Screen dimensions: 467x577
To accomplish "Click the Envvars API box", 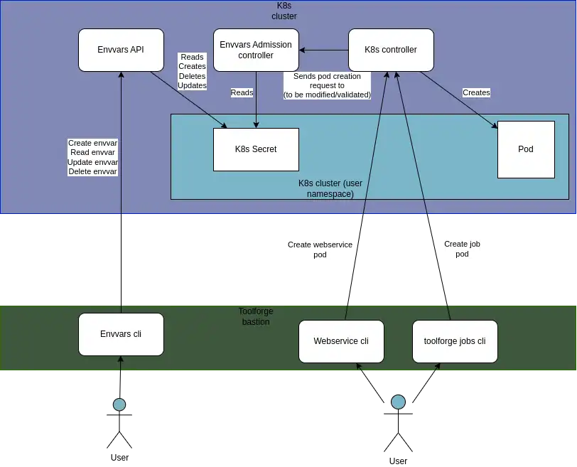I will pos(121,50).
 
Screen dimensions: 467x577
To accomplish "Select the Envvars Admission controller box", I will pos(256,50).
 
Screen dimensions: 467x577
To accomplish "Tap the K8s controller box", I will pos(390,50).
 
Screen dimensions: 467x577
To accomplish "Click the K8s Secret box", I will pos(256,149).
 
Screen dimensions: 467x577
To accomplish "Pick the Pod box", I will pos(526,149).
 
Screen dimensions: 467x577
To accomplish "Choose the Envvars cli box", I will pos(121,334).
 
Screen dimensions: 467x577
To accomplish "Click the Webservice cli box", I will pos(341,341).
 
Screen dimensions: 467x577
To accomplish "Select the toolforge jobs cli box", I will pos(455,341).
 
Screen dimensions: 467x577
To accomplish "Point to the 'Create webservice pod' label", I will pos(319,249).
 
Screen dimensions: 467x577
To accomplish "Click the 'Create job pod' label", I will pos(463,249).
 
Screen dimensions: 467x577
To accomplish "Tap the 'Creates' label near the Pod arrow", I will pos(476,92).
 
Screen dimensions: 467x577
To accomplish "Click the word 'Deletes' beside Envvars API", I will pos(192,76).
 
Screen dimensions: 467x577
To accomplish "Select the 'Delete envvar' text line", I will pos(92,171).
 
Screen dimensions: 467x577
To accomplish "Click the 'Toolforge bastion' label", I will pos(255,316).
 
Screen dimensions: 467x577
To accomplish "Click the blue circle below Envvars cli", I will pos(119,405).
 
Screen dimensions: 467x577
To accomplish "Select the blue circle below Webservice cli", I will pos(398,402).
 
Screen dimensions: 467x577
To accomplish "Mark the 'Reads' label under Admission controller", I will pos(242,92).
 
